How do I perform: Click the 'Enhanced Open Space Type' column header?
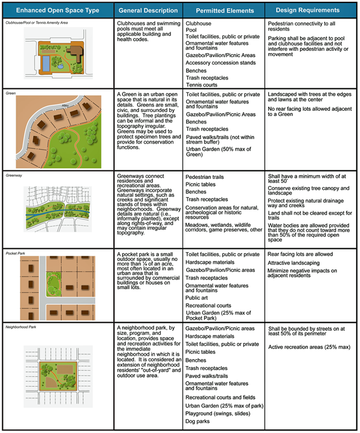[57, 10]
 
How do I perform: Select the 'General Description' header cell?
[147, 10]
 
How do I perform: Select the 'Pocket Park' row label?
[16, 252]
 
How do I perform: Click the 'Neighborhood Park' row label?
[22, 327]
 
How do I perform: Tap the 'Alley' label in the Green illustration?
[64, 106]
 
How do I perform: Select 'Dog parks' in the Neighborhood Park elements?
[199, 423]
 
